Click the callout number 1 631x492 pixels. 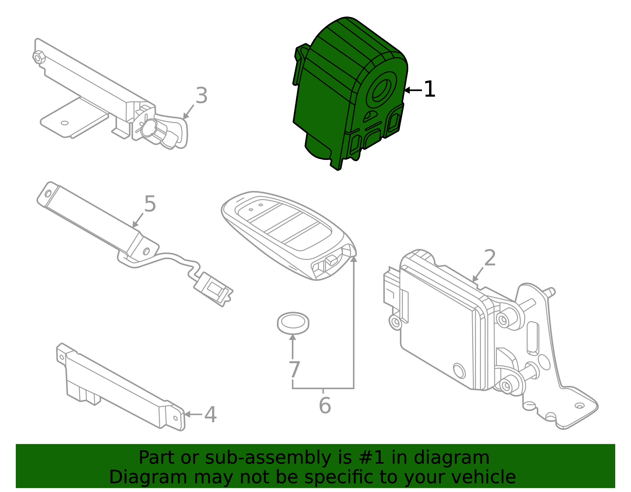point(429,89)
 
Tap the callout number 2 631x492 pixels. point(489,258)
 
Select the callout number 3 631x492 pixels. point(202,96)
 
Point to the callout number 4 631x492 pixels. point(210,415)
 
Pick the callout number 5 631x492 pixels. point(150,204)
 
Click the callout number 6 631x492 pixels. point(325,406)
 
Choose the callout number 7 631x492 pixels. point(294,370)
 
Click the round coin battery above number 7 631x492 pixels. point(293,323)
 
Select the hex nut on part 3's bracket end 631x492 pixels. point(39,58)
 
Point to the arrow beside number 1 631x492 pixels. point(413,90)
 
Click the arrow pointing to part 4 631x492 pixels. point(193,414)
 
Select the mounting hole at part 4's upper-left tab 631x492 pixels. point(62,358)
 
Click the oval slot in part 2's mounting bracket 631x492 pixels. point(532,337)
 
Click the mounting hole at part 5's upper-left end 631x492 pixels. point(48,193)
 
